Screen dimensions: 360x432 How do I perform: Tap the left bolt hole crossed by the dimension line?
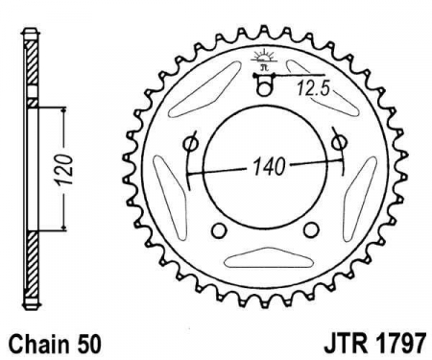click(x=190, y=145)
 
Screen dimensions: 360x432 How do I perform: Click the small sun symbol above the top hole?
click(x=263, y=58)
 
